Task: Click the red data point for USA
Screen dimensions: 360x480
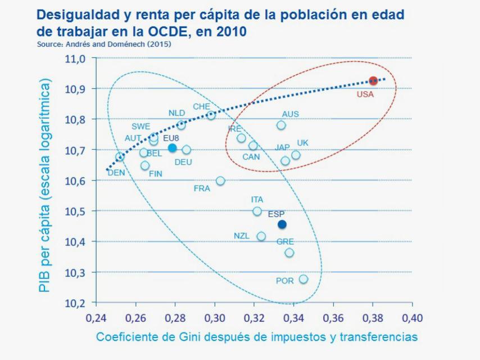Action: pyautogui.click(x=373, y=81)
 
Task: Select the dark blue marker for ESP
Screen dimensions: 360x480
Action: pyautogui.click(x=282, y=224)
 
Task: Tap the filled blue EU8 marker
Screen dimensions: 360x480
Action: pyautogui.click(x=173, y=148)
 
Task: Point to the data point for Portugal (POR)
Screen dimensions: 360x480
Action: pyautogui.click(x=304, y=279)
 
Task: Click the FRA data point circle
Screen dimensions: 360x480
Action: pyautogui.click(x=220, y=181)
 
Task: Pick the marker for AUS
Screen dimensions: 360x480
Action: pyautogui.click(x=281, y=125)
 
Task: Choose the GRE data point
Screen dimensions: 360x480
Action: pyautogui.click(x=289, y=253)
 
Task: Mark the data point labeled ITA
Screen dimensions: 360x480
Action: pyautogui.click(x=257, y=211)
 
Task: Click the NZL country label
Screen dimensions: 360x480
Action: pyautogui.click(x=242, y=235)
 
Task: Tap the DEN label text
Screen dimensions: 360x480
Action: pyautogui.click(x=116, y=173)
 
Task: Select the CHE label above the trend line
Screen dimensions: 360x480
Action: pyautogui.click(x=201, y=106)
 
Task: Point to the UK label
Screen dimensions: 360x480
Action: pyautogui.click(x=302, y=143)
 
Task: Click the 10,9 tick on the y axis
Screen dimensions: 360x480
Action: pyautogui.click(x=76, y=89)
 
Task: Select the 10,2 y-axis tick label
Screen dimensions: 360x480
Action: pyautogui.click(x=76, y=303)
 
